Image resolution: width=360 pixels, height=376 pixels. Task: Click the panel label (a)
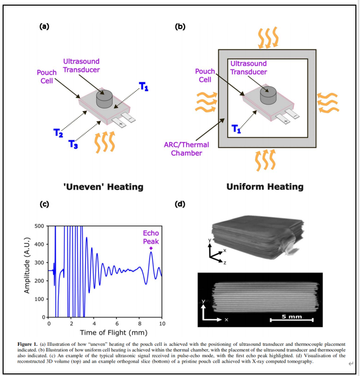coord(45,27)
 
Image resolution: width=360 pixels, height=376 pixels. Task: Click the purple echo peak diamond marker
coord(151,248)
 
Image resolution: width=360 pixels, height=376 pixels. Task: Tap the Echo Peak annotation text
coord(151,237)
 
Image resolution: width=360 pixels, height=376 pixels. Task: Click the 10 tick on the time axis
coord(162,324)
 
